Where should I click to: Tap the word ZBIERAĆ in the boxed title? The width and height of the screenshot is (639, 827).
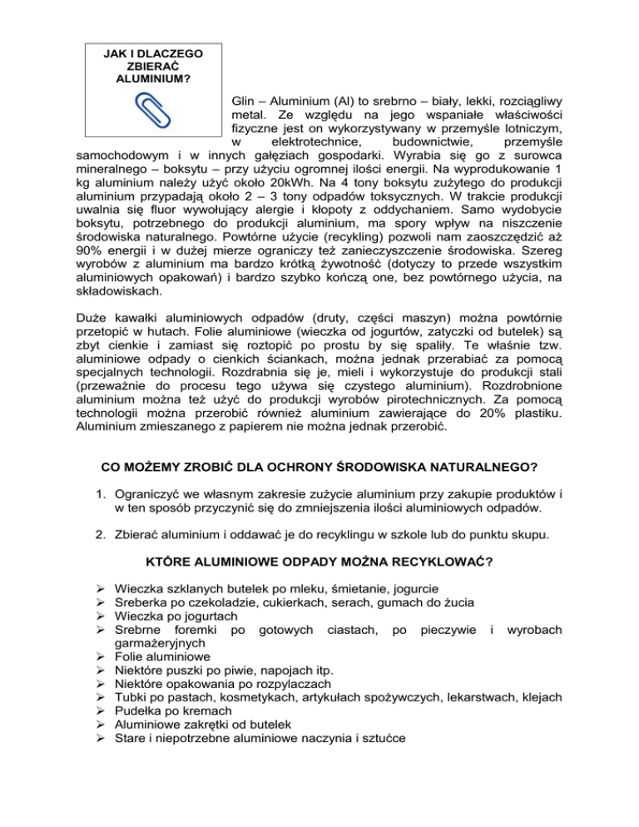pos(151,66)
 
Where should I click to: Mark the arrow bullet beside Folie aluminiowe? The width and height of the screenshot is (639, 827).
pos(99,660)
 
